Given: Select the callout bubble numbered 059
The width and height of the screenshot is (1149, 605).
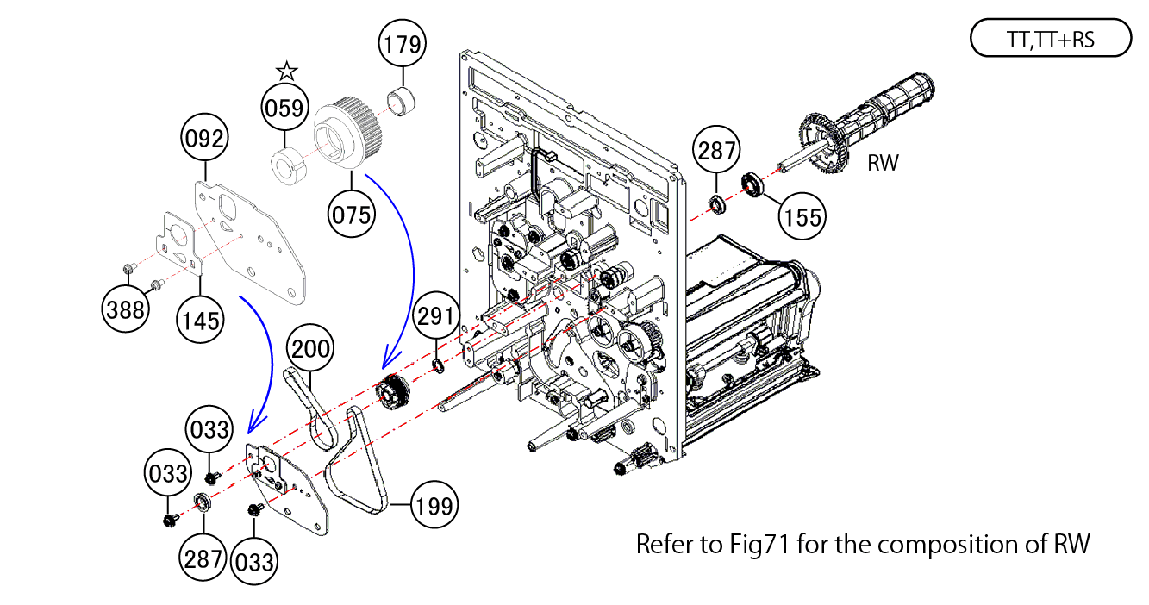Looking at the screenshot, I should (x=285, y=109).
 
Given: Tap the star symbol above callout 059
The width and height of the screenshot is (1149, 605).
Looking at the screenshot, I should (x=286, y=71).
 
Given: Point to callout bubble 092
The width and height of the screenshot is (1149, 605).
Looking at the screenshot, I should (x=203, y=138).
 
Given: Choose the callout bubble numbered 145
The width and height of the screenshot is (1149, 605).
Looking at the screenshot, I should (x=199, y=320).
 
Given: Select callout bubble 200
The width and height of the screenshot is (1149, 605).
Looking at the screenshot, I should (x=309, y=348).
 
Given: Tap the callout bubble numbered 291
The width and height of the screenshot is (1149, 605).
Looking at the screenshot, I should (x=435, y=316).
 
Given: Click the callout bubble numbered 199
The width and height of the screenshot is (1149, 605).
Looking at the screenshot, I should (x=434, y=506).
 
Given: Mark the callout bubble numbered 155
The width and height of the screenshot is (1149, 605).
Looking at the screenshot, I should (x=802, y=215).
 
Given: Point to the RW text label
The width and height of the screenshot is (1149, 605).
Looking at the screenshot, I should (x=882, y=163).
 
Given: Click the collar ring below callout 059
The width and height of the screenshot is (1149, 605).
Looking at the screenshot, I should (x=284, y=165).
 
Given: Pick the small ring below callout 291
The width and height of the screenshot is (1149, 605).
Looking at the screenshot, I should (x=437, y=368).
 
